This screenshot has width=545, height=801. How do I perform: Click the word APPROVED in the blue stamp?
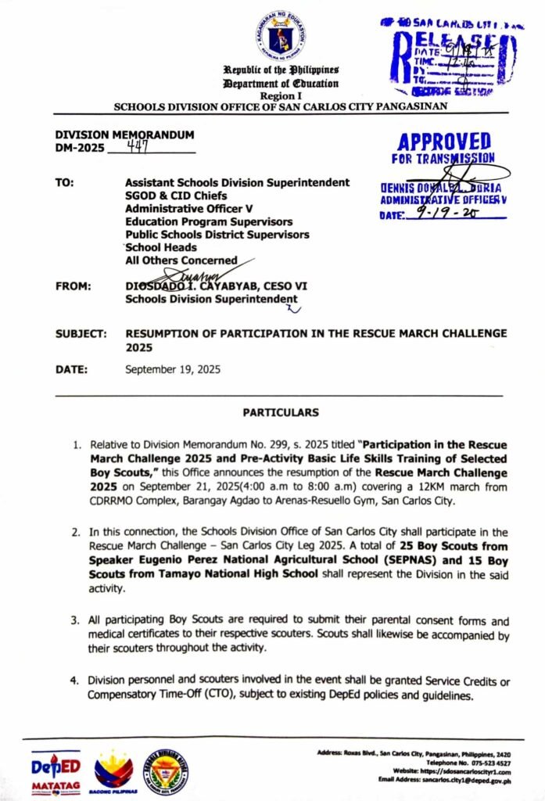point(443,142)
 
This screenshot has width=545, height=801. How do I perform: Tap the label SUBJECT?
point(81,333)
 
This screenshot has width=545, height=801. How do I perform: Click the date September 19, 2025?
point(173,369)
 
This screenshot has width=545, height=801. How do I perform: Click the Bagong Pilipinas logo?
point(113,772)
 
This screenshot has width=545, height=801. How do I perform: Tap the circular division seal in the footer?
point(166,772)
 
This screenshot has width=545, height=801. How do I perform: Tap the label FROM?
point(74,286)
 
